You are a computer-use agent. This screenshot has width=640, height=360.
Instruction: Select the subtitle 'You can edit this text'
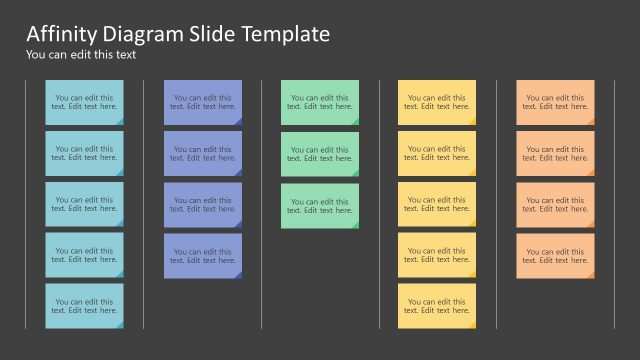pos(81,55)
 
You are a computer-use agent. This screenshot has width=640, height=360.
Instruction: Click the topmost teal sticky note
pos(84,102)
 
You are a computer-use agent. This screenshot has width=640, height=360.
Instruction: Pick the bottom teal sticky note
pos(84,306)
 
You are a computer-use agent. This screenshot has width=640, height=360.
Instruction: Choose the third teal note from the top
pos(84,204)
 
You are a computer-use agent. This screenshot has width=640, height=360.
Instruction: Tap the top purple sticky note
pos(203,102)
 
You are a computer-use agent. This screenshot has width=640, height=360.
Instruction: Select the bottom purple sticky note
pos(203,255)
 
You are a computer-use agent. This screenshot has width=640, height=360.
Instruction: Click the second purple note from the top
pos(203,153)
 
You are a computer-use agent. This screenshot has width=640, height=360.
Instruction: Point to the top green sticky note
pos(320,102)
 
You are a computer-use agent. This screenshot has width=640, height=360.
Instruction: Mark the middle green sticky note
pos(320,153)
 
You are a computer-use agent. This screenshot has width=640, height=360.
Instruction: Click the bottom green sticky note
pos(320,204)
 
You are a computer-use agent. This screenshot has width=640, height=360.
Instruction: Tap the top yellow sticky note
pos(437,102)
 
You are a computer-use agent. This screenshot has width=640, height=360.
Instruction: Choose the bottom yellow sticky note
pos(437,306)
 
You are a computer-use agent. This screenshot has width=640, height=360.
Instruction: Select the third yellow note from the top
pos(437,204)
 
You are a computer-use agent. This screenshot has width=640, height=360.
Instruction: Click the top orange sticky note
pos(555,102)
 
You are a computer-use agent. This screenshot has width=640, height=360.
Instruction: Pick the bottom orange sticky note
pos(555,255)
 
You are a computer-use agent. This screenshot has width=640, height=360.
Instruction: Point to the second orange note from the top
pos(555,153)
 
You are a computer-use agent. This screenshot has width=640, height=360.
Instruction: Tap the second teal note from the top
pos(84,153)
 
